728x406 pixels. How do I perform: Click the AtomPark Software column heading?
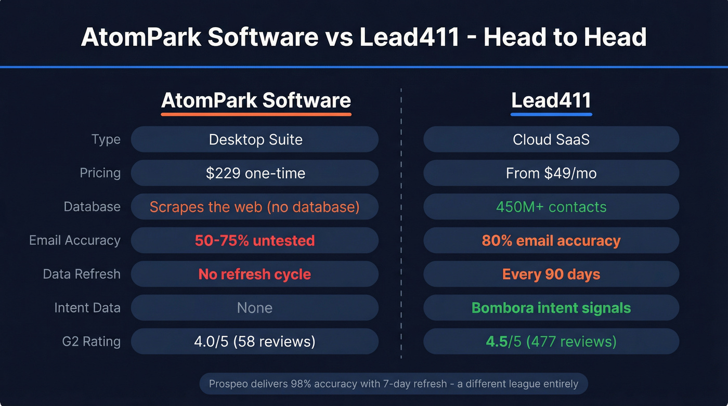tap(256, 100)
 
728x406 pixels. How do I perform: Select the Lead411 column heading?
tap(551, 100)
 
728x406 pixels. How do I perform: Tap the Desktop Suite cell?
tap(255, 139)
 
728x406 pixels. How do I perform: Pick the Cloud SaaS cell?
tap(551, 139)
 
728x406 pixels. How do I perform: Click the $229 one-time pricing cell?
tap(255, 173)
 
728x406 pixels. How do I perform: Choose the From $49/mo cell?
tap(551, 173)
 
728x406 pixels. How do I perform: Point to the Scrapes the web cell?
tap(255, 207)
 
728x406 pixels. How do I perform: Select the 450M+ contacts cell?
tap(551, 207)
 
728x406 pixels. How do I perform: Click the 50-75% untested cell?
tap(255, 241)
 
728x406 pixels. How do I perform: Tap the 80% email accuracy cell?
tap(551, 241)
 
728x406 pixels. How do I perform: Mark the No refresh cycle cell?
tap(255, 274)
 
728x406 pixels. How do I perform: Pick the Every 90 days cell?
tap(551, 274)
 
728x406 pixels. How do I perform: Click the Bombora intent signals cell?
tap(551, 308)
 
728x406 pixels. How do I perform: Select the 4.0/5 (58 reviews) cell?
tap(255, 342)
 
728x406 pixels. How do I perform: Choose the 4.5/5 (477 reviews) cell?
tap(551, 342)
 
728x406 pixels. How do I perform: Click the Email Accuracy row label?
tap(75, 241)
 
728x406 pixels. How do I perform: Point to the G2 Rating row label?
tap(91, 342)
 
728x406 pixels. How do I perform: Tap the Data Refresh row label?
tap(82, 274)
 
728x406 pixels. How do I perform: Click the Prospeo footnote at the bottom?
tap(393, 384)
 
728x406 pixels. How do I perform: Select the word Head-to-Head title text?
tap(565, 38)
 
